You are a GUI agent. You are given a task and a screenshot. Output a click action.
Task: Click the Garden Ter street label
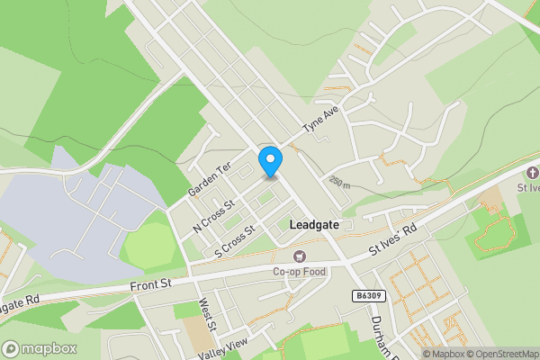[x=210, y=180]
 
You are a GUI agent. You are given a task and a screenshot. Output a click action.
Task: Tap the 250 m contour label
[x=339, y=182]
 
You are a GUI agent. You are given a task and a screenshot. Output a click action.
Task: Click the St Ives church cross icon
[x=532, y=173]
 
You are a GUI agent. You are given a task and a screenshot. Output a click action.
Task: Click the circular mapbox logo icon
[x=11, y=348]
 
